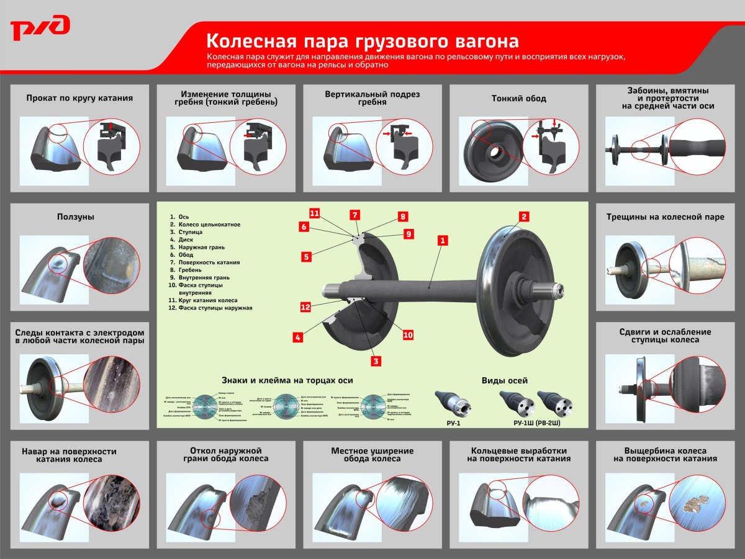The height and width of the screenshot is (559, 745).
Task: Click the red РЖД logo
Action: pos(40,29)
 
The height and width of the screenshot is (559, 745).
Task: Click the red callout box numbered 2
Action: pos(524,217)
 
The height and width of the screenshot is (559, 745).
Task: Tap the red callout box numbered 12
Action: pos(305,307)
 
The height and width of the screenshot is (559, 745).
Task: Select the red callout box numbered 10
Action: pos(408,335)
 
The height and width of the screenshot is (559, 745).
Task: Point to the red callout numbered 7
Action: pos(354,215)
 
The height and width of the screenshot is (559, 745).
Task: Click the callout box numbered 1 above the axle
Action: pos(442,239)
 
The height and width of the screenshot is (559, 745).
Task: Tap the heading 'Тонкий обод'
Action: pos(519,99)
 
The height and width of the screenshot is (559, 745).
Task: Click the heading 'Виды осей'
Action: pos(505,380)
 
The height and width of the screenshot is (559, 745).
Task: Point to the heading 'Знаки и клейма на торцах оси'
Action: pos(287,380)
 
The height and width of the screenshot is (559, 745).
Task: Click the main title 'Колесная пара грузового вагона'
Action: pos(362,41)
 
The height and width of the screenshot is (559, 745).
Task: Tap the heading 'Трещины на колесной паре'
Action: pos(665,217)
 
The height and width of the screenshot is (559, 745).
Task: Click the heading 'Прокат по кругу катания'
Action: pos(79,98)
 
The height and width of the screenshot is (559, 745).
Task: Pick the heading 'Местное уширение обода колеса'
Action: pos(372,455)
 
